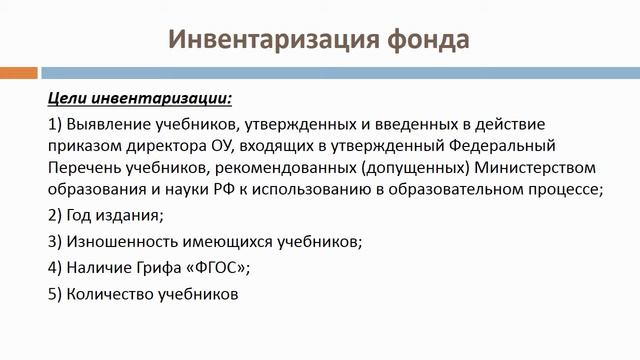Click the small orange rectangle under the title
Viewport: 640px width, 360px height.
pyautogui.click(x=19, y=72)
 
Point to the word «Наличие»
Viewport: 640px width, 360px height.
pyautogui.click(x=98, y=268)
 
